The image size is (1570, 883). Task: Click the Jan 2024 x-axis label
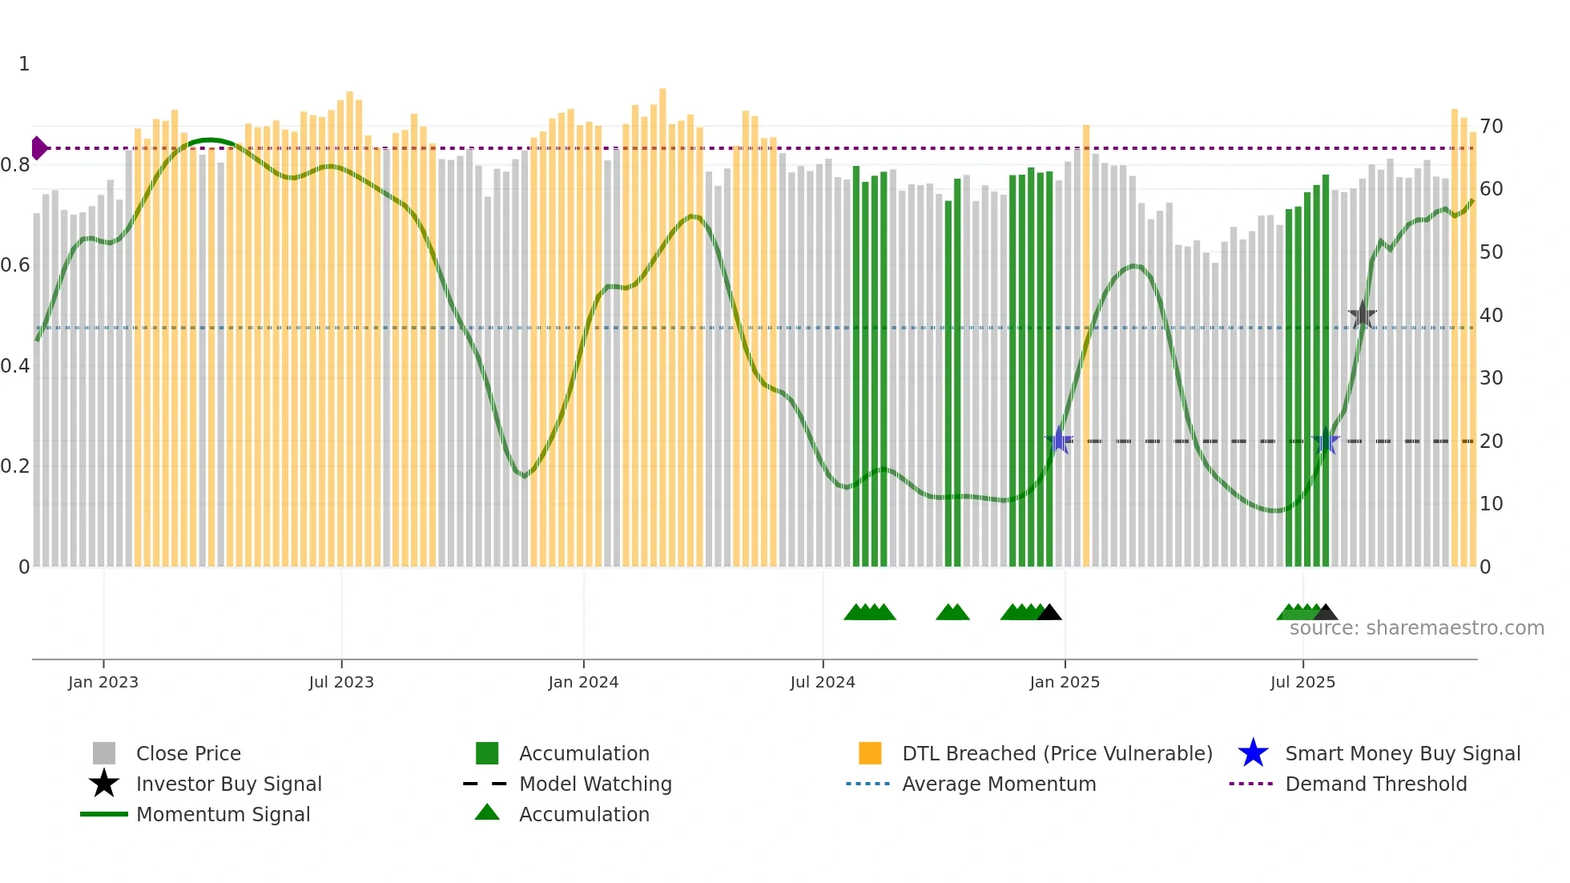pos(583,682)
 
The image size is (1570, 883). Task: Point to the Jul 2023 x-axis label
pos(341,682)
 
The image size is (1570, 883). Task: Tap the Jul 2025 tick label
pos(1302,682)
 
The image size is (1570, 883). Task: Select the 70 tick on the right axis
pos(1491,127)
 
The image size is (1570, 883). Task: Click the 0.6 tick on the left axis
pos(15,265)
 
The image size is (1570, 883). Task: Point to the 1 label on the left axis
pos(24,64)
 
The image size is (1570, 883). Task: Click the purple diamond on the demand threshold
pos(38,148)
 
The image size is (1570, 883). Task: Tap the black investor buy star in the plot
pos(1362,316)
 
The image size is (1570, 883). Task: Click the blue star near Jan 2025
pos(1059,441)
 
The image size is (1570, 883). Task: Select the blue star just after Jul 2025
pos(1326,441)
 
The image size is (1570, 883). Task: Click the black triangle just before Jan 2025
pos(1049,613)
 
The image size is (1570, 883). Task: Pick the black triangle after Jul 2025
pos(1326,613)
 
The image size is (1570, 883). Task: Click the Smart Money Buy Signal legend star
pos(1253,753)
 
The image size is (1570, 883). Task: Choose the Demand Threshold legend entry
pos(1375,784)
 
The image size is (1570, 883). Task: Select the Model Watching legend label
pos(595,784)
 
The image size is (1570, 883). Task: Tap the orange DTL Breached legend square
pos(870,753)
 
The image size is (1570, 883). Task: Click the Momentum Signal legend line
pos(104,814)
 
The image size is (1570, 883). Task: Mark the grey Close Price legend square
pos(104,753)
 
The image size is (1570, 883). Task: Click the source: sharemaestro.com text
pos(1416,628)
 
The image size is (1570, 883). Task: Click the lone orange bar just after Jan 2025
pos(1086,345)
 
